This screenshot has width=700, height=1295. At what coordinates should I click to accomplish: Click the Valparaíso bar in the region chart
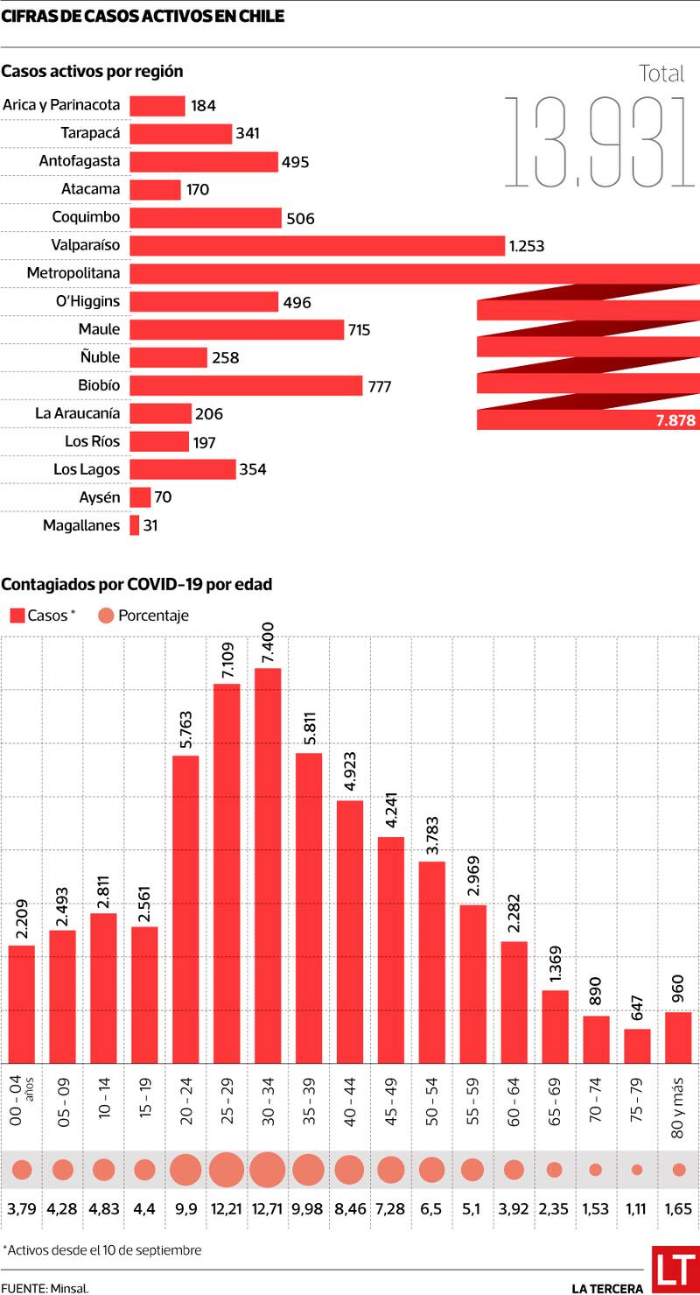click(x=317, y=246)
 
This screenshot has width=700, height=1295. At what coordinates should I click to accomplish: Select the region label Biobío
click(x=99, y=385)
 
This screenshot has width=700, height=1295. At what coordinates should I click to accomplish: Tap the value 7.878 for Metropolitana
click(x=675, y=421)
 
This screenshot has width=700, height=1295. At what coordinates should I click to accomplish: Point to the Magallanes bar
click(x=135, y=525)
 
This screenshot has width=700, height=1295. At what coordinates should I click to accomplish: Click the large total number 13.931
click(x=598, y=143)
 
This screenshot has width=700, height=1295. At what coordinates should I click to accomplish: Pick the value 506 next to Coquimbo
click(x=300, y=219)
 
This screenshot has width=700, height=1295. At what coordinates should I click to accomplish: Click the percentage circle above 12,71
click(x=268, y=1170)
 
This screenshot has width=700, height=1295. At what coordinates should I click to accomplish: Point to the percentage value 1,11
click(x=637, y=1209)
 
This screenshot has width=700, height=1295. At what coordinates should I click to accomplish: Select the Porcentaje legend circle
click(x=106, y=616)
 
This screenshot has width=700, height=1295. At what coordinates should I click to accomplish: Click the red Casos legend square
click(x=17, y=616)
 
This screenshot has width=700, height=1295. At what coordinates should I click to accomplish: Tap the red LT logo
click(x=675, y=1270)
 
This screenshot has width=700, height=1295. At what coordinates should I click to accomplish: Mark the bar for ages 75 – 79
click(x=637, y=1045)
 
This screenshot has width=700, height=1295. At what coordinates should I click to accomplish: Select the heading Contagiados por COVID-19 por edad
click(x=136, y=584)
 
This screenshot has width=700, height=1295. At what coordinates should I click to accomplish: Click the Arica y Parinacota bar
click(x=157, y=106)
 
